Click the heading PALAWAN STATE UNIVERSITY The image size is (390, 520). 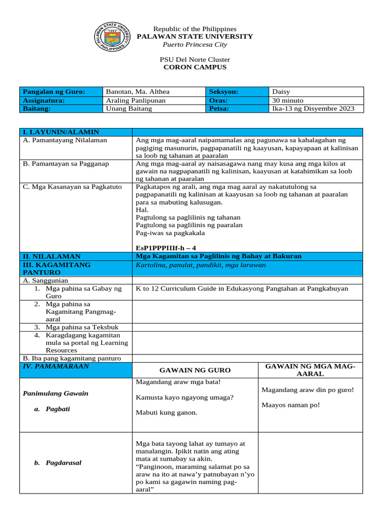(195, 37)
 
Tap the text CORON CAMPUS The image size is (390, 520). (194, 67)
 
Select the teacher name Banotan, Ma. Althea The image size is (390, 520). (137, 92)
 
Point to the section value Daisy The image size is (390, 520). (281, 92)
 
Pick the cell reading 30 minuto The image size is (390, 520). (288, 100)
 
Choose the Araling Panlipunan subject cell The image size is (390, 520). (136, 100)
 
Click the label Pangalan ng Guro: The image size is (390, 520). (54, 92)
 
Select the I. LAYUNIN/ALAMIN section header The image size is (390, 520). (60, 132)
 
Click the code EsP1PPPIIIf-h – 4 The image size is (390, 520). (166, 247)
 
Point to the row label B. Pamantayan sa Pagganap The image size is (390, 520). (66, 164)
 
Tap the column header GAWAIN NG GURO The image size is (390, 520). (195, 370)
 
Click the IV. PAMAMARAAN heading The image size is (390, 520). (56, 366)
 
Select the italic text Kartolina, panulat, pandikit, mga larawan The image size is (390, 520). (201, 265)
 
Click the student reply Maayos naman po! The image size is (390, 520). (290, 405)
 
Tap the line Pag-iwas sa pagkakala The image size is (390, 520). (170, 233)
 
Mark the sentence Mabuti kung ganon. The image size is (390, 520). (166, 412)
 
